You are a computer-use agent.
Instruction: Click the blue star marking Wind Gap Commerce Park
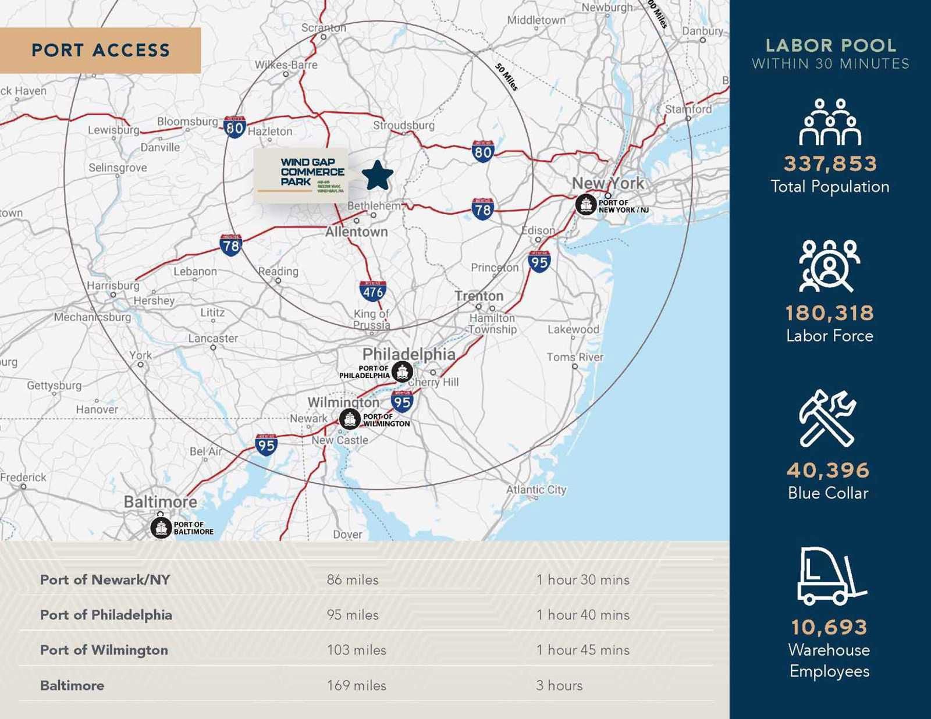[x=377, y=175]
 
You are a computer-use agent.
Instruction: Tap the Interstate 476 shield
[x=372, y=291]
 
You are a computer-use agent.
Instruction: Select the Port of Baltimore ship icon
[x=161, y=528]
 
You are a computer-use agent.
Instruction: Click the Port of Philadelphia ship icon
[x=402, y=371]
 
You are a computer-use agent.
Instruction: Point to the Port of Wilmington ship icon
[x=350, y=419]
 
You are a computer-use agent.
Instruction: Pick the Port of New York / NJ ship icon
[x=586, y=205]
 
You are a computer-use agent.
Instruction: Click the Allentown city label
[x=356, y=232]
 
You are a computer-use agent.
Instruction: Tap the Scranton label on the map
[x=324, y=27]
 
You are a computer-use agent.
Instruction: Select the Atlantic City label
[x=536, y=489]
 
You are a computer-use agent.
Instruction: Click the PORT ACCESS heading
[x=101, y=50]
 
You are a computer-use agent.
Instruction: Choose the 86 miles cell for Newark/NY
[x=353, y=579]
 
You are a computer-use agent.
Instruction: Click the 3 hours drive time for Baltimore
[x=559, y=685]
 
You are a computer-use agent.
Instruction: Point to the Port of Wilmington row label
[x=104, y=650]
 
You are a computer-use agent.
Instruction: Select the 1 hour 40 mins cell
[x=583, y=615]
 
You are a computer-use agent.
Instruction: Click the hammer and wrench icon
[x=827, y=418]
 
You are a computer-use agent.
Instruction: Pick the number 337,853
[x=830, y=163]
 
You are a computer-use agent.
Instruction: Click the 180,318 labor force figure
[x=830, y=313]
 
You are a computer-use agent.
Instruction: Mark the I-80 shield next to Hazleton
[x=234, y=127]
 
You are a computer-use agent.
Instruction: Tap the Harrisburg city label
[x=113, y=286]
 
